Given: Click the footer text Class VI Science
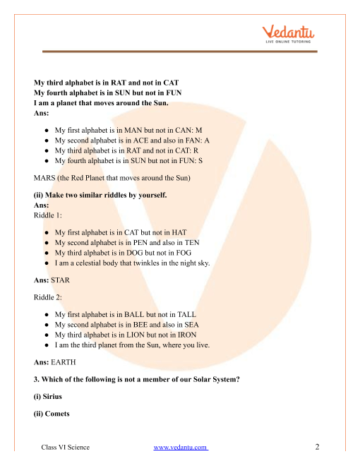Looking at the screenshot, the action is click(x=66, y=448).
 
